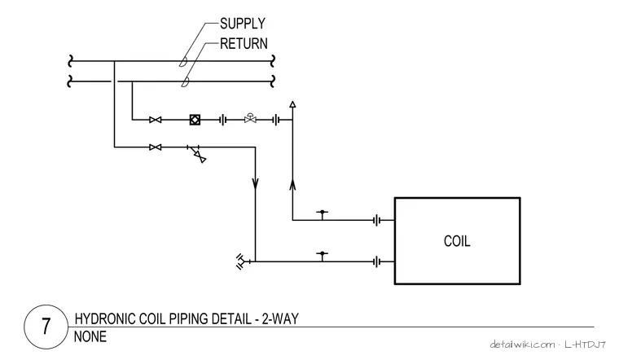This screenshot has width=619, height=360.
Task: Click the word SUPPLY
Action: point(243,24)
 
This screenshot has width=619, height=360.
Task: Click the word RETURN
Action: point(244,43)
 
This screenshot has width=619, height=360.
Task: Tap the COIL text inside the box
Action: point(457,241)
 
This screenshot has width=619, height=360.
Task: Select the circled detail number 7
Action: point(46,327)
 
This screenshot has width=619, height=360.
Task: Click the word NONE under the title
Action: point(90,336)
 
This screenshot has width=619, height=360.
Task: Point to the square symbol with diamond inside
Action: point(195,120)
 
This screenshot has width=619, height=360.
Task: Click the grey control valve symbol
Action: point(250,118)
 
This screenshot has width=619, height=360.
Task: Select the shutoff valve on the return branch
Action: point(155,120)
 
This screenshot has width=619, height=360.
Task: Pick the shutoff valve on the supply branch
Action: point(155,147)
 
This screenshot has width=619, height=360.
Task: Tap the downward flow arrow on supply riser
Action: point(256,183)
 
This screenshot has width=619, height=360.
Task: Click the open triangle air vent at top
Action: point(292,104)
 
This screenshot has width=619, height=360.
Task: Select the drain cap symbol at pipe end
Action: point(240,261)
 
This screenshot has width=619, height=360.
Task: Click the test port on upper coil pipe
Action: point(323,215)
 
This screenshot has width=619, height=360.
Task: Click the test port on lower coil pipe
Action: point(323,257)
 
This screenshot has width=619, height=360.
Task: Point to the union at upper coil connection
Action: point(377,220)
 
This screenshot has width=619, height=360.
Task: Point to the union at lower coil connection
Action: point(377,261)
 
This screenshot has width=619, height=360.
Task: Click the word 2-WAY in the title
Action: point(280,318)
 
